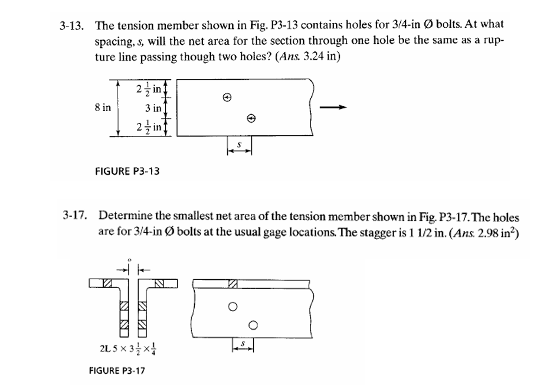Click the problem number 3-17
point(75,216)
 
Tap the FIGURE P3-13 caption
point(127,171)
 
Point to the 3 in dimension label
point(152,108)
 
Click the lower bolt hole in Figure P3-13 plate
point(251,118)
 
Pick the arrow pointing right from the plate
point(332,107)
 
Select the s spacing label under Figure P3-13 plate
point(240,143)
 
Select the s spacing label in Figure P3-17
point(242,342)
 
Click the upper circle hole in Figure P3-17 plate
point(233,306)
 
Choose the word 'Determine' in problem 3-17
point(123,216)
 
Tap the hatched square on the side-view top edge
point(233,284)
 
